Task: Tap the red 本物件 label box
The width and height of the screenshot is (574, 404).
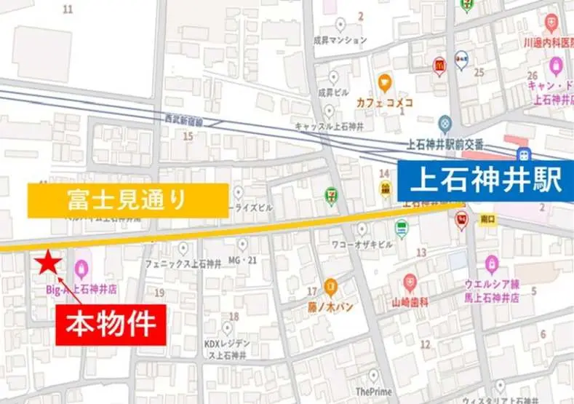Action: [111, 323]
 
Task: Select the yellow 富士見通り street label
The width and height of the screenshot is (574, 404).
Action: [128, 199]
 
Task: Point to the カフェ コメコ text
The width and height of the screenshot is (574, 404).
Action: [384, 103]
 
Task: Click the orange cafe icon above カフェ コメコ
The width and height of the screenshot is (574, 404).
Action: [384, 82]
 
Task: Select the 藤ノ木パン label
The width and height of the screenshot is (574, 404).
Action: [330, 306]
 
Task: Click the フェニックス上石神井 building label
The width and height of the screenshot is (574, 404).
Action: [178, 264]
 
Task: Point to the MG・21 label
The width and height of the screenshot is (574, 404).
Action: [243, 261]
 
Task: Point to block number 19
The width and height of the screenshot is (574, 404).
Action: [159, 293]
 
